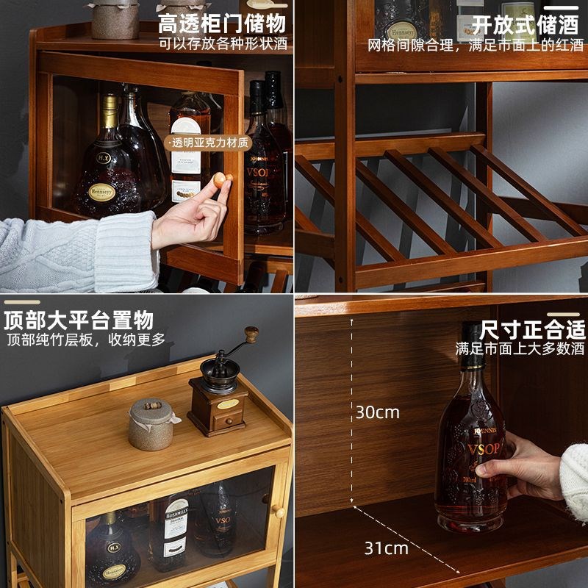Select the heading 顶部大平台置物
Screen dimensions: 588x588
tap(79, 320)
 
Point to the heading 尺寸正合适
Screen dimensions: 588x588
tap(532, 329)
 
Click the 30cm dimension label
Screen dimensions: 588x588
tap(378, 412)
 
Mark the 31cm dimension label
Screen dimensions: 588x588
tap(386, 548)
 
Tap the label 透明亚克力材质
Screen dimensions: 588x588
tap(210, 143)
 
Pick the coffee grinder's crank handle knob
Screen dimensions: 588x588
tap(251, 334)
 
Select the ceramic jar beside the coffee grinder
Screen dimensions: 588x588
tap(151, 424)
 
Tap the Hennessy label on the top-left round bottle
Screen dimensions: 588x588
tap(102, 193)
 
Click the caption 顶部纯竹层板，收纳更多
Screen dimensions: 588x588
tap(86, 340)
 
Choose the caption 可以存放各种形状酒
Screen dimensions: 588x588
tap(223, 43)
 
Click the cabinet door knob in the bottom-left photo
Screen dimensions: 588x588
tap(279, 511)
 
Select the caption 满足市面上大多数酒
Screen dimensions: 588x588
tap(520, 348)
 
